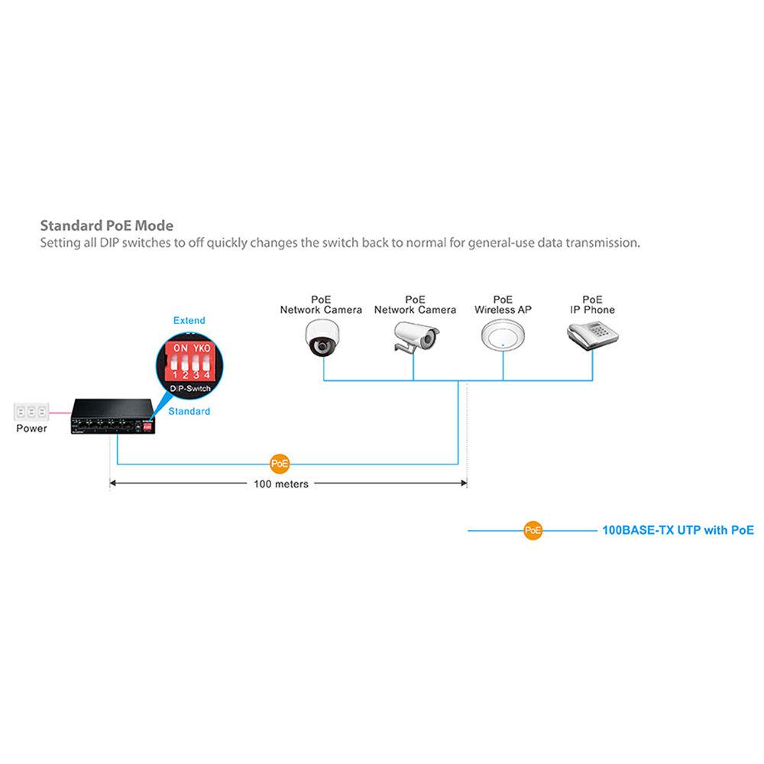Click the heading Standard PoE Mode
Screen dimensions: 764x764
[106, 225]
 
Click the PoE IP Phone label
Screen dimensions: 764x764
[592, 305]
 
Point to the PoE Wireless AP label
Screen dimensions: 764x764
[503, 305]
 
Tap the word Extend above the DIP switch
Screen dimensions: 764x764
[189, 320]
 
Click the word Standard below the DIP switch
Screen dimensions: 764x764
[189, 411]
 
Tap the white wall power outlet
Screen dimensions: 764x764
[31, 411]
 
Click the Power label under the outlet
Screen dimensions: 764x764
[31, 429]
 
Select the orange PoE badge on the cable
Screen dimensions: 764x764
[280, 463]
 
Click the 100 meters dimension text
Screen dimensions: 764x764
[281, 484]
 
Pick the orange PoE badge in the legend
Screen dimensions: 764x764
[533, 530]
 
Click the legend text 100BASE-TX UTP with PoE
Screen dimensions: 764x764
[678, 529]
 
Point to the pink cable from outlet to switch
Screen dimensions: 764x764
[60, 413]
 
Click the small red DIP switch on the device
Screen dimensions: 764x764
[147, 428]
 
